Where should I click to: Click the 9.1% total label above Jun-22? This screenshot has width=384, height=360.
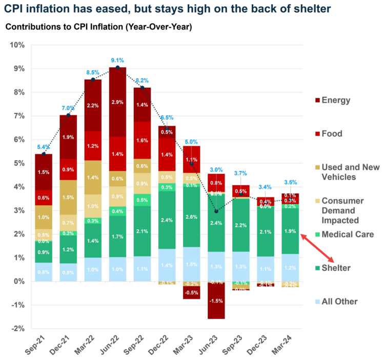tap(117, 61)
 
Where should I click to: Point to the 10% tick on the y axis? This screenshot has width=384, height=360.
tap(18, 45)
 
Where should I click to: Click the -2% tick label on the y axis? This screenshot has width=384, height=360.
tap(18, 329)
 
